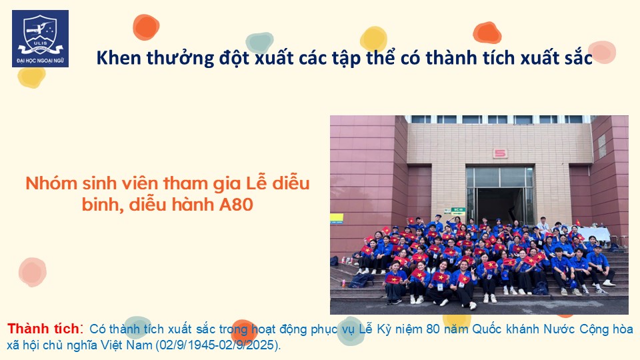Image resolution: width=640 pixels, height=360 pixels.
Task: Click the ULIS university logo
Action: (41, 39)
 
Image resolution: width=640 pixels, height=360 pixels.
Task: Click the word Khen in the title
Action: (119, 58)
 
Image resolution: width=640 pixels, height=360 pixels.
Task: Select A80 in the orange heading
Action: (236, 205)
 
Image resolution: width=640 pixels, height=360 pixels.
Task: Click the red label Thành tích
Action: (43, 329)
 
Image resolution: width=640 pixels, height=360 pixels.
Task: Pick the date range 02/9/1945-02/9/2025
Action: (217, 345)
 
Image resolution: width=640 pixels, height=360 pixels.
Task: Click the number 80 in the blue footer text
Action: (433, 329)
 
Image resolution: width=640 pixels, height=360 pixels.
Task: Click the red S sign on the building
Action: (500, 153)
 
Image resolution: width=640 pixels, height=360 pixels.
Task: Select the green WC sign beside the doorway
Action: (458, 211)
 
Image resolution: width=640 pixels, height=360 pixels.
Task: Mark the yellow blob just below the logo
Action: (31, 77)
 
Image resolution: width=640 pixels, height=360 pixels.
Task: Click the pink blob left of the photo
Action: (33, 272)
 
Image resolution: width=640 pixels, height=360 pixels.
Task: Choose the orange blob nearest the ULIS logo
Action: (146, 27)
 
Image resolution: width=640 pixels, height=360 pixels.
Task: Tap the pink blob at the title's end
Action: (601, 52)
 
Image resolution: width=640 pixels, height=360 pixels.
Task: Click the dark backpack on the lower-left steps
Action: (361, 280)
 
